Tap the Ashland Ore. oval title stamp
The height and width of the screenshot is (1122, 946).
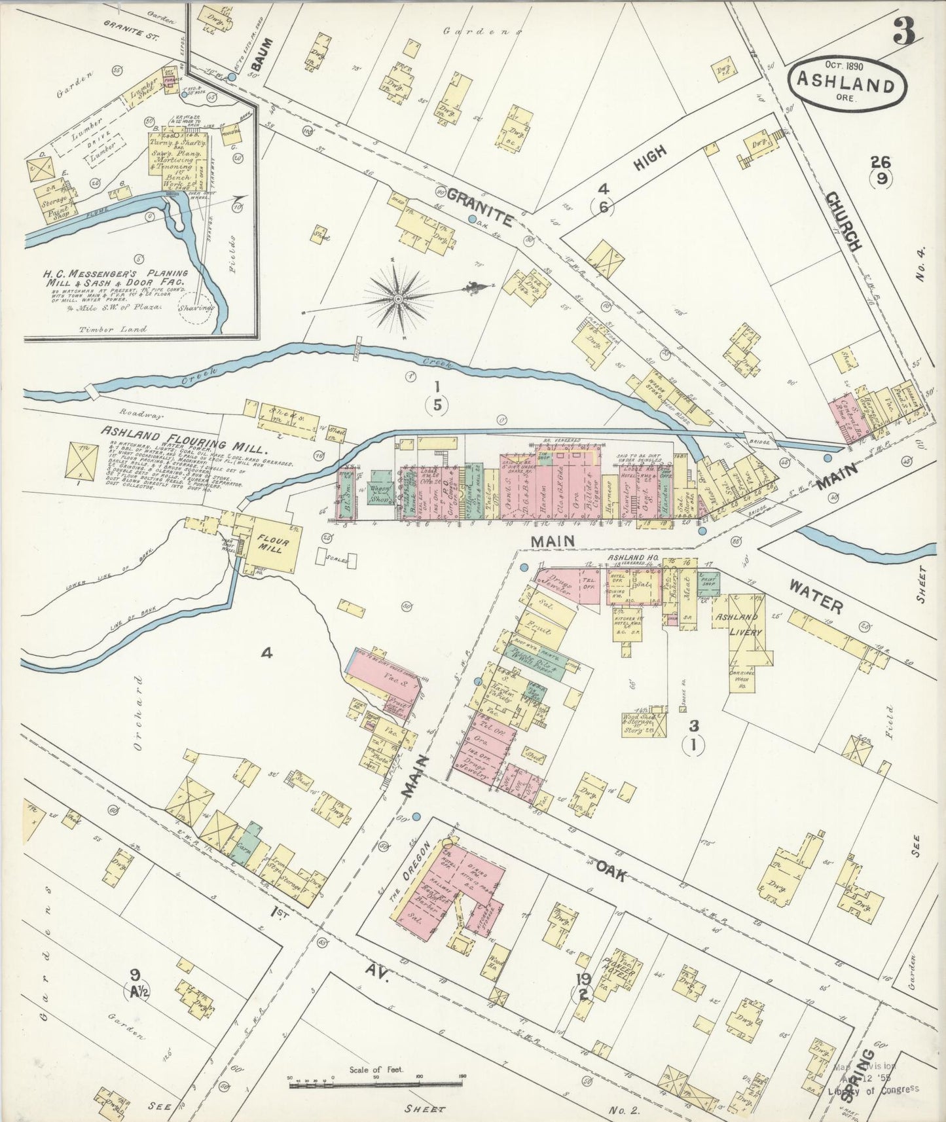[x=845, y=85]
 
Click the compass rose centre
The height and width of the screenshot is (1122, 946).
[x=397, y=299]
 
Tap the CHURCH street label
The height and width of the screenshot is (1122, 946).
[x=844, y=221]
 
